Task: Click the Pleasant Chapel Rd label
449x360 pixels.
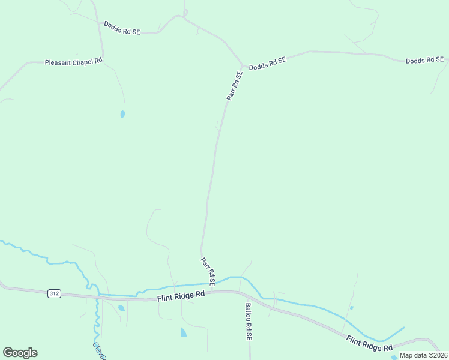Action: (x=74, y=61)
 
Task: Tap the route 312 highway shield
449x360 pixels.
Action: (x=55, y=293)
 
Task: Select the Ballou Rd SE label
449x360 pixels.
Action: (x=248, y=322)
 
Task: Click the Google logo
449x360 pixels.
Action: (x=20, y=353)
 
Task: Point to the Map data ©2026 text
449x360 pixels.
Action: (x=424, y=355)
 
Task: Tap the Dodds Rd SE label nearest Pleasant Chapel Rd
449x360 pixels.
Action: (x=122, y=28)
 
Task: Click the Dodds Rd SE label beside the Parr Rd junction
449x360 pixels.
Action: (x=268, y=62)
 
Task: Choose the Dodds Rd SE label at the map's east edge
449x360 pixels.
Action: (x=424, y=61)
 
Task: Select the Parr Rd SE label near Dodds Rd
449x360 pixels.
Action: (x=234, y=85)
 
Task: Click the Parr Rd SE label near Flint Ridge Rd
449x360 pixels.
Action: (x=208, y=271)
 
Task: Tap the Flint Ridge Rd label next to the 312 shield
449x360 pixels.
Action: (x=181, y=296)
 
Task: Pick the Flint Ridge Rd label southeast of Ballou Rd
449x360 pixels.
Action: (x=369, y=343)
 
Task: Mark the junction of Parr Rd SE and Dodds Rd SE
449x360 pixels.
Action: (x=243, y=65)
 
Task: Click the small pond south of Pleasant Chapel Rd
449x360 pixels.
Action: (x=122, y=113)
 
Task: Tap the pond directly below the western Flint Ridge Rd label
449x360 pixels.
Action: (x=183, y=332)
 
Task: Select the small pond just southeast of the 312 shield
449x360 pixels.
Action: (x=121, y=308)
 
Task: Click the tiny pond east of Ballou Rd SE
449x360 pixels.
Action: (x=351, y=308)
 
